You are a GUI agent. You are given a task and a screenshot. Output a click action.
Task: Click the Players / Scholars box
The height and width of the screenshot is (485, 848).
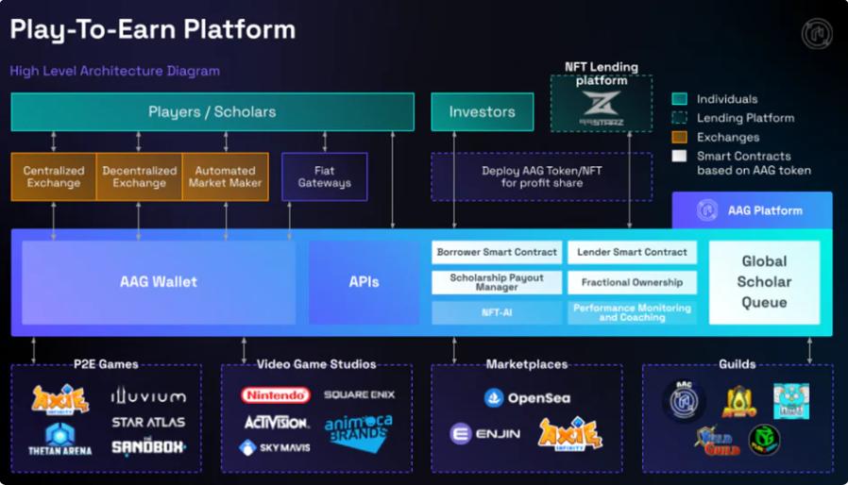212,112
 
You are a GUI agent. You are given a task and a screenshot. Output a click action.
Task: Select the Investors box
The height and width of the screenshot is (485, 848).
482,112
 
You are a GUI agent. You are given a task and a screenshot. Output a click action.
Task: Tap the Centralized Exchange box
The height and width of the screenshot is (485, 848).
54,177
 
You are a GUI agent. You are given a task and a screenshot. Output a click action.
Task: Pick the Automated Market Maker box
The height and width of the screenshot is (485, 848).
225,177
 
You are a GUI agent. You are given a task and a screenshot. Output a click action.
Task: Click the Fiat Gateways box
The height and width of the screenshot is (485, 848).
324,177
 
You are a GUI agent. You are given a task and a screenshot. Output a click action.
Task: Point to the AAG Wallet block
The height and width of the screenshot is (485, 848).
159,282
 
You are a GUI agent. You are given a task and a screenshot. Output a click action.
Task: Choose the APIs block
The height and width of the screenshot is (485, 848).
364,282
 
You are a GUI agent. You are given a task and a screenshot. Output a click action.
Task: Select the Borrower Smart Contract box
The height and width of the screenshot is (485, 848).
498,253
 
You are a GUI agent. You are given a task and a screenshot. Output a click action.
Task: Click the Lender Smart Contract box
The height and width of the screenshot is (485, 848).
632,253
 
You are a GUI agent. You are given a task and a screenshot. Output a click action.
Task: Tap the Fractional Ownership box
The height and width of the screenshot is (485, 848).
632,282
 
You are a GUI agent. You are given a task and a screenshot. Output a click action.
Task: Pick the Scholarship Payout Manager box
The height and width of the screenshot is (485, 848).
498,282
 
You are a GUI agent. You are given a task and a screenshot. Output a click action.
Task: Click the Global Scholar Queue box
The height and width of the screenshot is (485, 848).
764,282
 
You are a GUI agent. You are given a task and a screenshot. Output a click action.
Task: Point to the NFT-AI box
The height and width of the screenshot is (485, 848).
498,312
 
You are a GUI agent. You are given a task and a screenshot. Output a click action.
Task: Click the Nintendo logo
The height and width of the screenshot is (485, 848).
275,395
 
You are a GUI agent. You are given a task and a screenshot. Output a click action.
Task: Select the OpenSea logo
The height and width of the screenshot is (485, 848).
527,398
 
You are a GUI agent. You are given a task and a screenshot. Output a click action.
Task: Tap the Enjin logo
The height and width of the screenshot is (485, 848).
485,434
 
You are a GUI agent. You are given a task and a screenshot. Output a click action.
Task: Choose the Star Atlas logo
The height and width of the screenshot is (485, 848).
148,422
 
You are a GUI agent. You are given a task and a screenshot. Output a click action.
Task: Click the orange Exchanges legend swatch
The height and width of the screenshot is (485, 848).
679,138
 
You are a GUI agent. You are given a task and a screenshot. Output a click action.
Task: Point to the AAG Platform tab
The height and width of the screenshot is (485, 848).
752,210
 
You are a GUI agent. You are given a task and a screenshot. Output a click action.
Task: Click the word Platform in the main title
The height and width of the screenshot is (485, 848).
236,29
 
